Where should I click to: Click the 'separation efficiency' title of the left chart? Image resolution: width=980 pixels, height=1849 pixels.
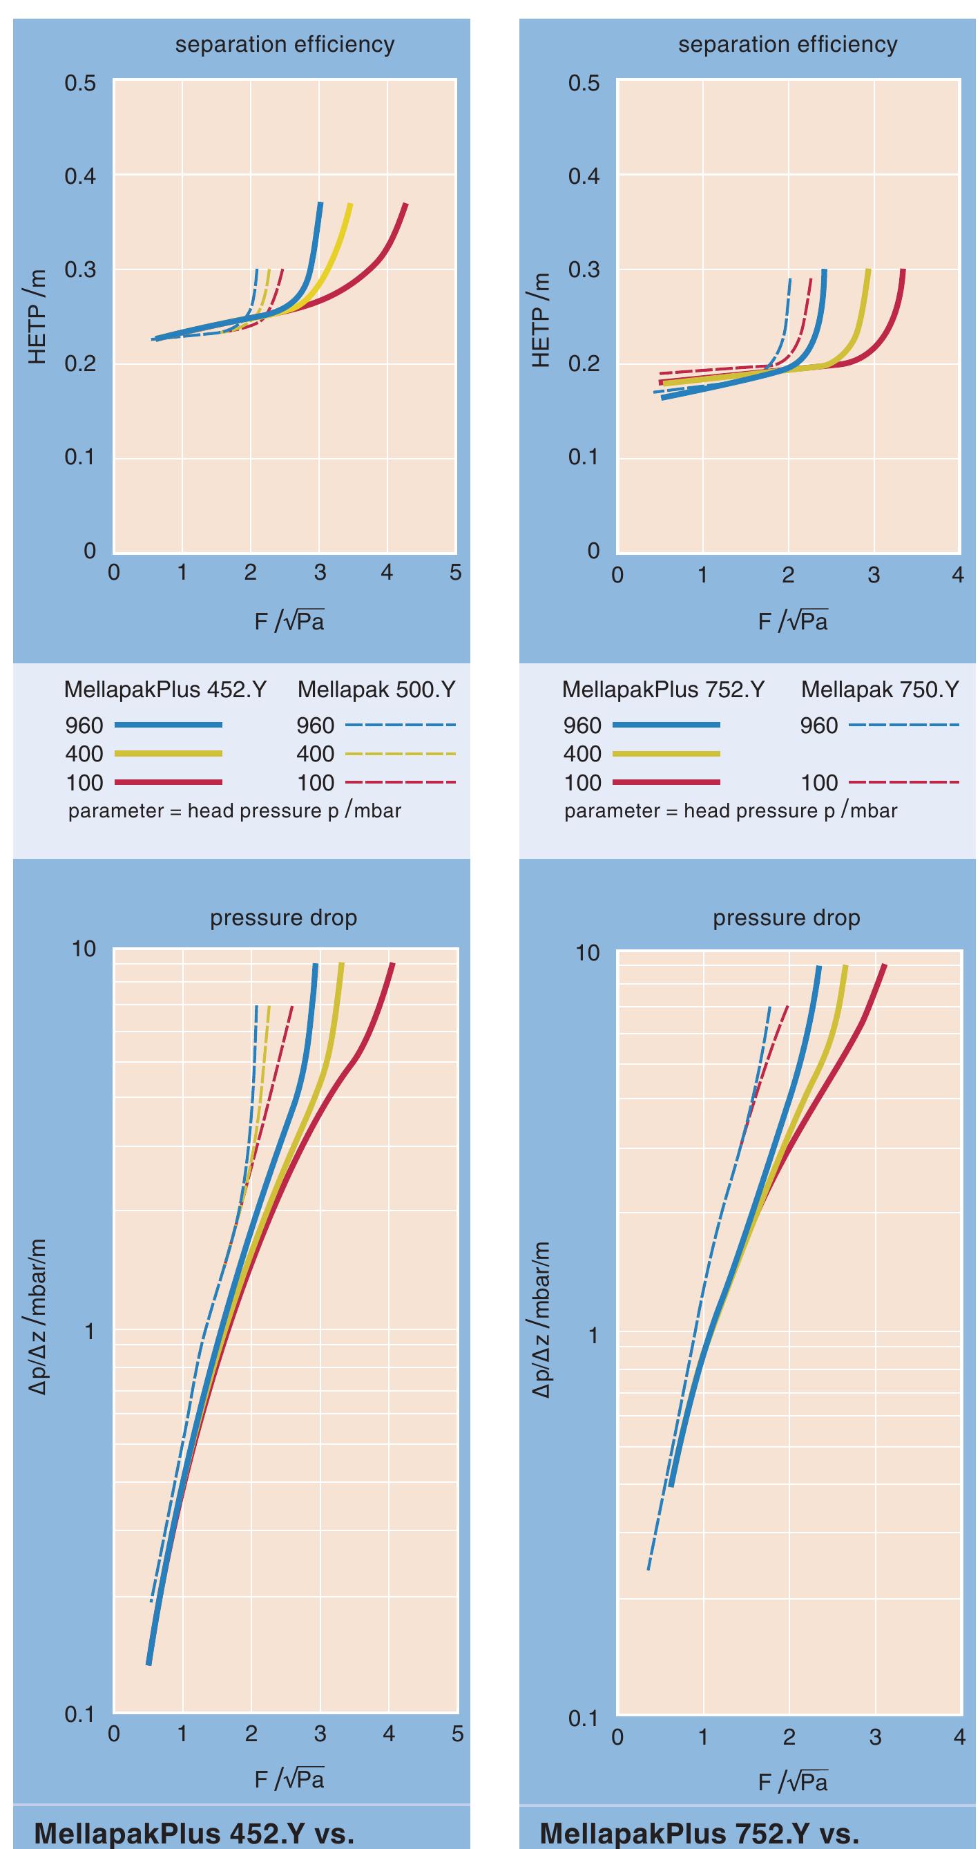pyautogui.click(x=285, y=44)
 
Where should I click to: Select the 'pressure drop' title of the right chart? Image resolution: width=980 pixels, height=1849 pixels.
pyautogui.click(x=787, y=918)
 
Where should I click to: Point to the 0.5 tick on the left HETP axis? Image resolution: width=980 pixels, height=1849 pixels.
pyautogui.click(x=79, y=84)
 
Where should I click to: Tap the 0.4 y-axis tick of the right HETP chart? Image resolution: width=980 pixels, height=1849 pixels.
pyautogui.click(x=584, y=177)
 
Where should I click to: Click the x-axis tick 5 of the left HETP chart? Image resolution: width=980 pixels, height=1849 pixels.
pyautogui.click(x=456, y=573)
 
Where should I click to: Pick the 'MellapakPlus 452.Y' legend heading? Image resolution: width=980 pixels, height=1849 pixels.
pyautogui.click(x=165, y=690)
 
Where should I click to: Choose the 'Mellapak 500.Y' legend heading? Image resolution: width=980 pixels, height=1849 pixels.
pyautogui.click(x=376, y=690)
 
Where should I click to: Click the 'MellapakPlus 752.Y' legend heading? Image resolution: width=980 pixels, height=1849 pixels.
pyautogui.click(x=664, y=690)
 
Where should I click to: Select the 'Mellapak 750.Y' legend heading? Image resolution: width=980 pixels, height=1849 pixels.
pyautogui.click(x=881, y=690)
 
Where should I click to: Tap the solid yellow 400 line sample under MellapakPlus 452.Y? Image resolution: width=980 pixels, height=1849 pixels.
pyautogui.click(x=168, y=754)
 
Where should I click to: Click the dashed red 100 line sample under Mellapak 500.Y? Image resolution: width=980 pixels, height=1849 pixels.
pyautogui.click(x=400, y=782)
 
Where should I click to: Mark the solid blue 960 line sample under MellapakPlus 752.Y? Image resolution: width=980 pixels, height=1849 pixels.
pyautogui.click(x=666, y=726)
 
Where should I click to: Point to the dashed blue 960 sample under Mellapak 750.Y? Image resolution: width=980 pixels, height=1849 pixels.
pyautogui.click(x=903, y=726)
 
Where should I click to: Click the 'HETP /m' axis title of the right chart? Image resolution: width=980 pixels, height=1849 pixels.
pyautogui.click(x=541, y=319)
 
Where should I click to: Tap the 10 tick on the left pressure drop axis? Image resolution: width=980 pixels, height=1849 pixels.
pyautogui.click(x=84, y=949)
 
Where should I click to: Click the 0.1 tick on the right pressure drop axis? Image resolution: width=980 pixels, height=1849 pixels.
pyautogui.click(x=584, y=1719)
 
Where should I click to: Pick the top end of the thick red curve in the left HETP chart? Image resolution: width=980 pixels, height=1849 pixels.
pyautogui.click(x=405, y=205)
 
